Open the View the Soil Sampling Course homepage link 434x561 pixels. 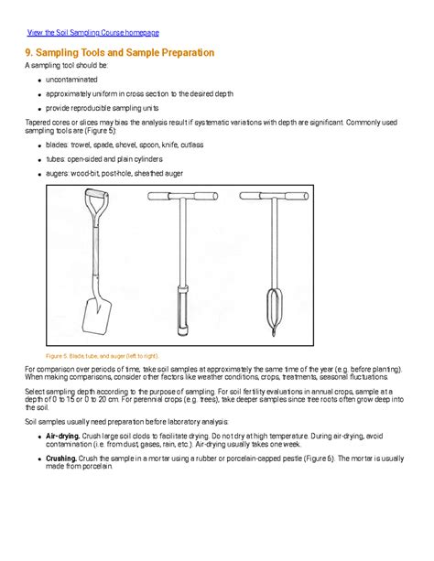pos(92,32)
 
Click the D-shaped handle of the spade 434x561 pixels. pos(95,200)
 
